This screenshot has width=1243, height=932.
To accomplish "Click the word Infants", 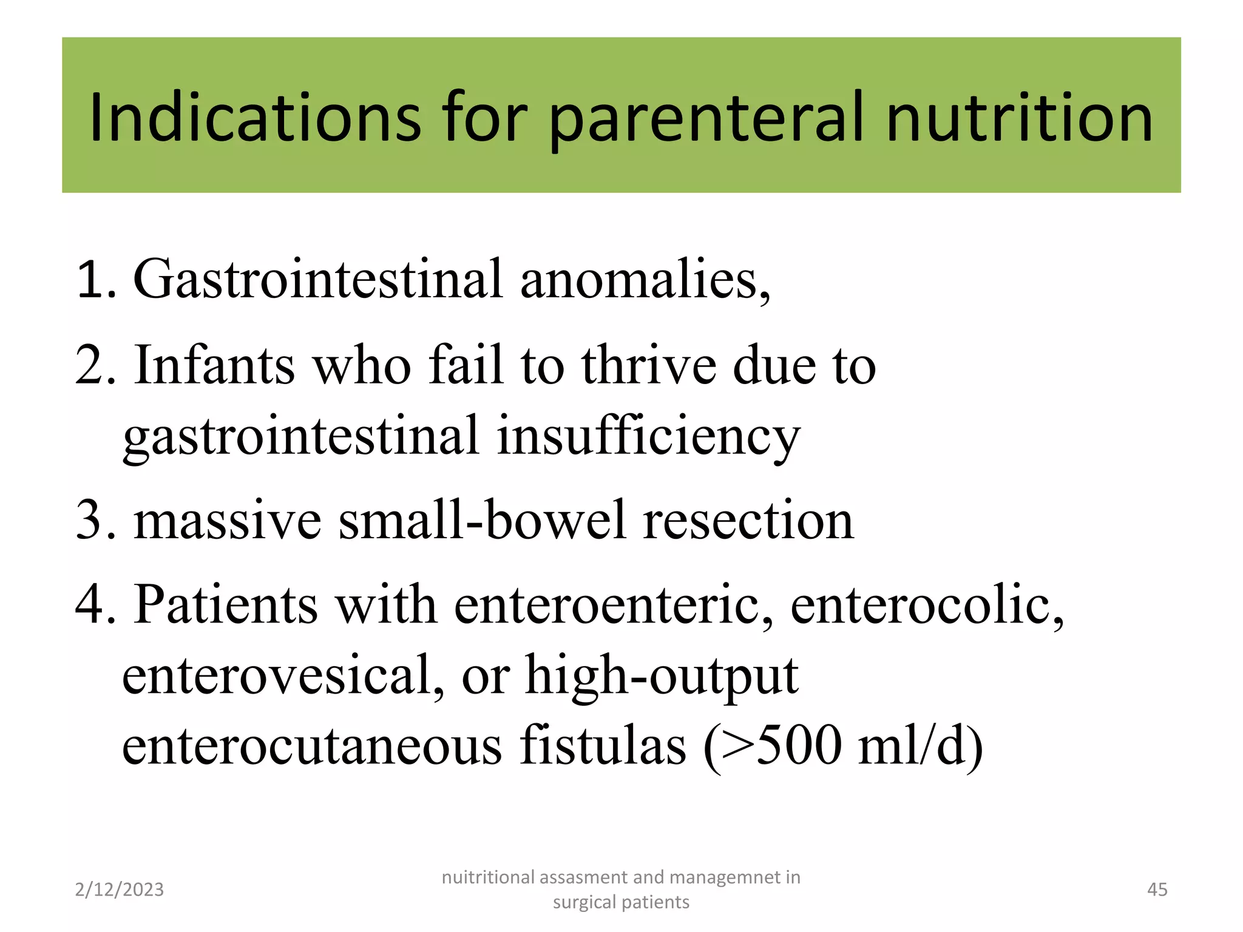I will (215, 365).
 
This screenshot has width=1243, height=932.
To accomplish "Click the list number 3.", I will (91, 521).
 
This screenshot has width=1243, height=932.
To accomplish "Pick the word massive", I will (228, 521).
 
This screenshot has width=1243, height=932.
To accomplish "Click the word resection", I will (748, 521).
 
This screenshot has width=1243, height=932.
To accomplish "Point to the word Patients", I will (226, 604).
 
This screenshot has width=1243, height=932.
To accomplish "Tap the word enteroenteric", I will (613, 604).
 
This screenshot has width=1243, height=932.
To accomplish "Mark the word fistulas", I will (603, 745).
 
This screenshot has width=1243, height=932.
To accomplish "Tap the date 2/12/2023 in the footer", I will (120, 890).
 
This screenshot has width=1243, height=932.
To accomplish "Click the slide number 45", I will (1157, 890).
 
